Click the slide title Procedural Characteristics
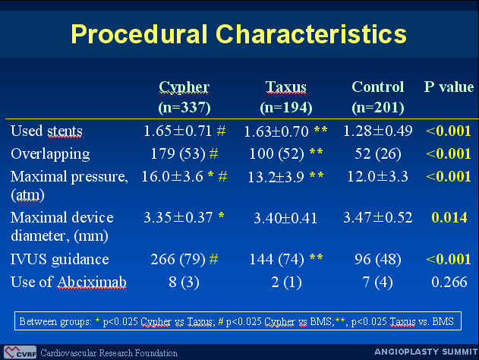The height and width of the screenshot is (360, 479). click(x=238, y=33)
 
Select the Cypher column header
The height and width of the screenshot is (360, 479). click(x=184, y=87)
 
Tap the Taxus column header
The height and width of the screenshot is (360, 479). click(x=286, y=87)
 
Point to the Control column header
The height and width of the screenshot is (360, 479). click(x=378, y=87)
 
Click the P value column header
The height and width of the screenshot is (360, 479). click(x=449, y=87)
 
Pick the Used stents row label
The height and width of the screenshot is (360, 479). click(x=46, y=131)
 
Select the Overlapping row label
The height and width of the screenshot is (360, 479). click(x=50, y=154)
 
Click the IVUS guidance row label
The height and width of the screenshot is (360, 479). click(x=59, y=260)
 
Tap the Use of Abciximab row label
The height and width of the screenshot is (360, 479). click(x=68, y=282)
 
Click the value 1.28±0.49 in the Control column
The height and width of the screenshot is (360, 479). click(x=378, y=131)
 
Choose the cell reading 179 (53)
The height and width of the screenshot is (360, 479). click(x=178, y=153)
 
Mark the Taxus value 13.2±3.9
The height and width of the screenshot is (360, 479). click(x=276, y=177)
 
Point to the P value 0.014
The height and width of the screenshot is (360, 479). click(x=449, y=217)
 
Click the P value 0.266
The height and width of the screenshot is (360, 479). click(x=449, y=282)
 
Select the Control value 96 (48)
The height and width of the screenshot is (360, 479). click(x=378, y=260)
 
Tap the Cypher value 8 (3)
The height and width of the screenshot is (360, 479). click(x=184, y=282)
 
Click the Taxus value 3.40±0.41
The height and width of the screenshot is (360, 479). click(x=285, y=218)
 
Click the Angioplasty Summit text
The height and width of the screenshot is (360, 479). click(x=426, y=352)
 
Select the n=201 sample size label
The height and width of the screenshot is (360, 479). click(x=378, y=108)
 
